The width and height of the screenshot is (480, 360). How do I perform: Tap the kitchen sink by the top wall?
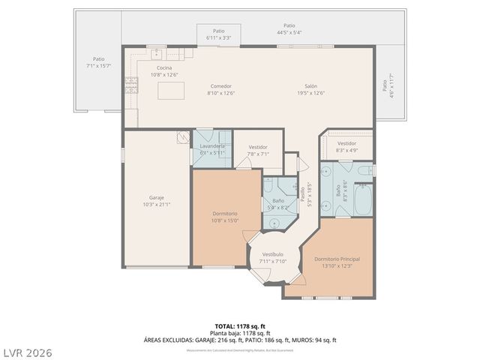tap(157, 54)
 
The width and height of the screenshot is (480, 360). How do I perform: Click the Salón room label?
tap(310, 85)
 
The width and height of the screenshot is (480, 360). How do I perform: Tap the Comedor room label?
tap(220, 85)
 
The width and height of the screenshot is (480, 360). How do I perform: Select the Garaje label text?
tap(156, 197)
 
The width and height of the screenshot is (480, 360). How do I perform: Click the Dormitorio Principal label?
tap(337, 259)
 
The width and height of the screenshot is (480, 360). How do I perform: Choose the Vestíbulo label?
tap(272, 254)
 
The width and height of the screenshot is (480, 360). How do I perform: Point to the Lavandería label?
tap(212, 145)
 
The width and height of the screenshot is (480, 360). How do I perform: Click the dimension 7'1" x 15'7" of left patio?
tap(99, 66)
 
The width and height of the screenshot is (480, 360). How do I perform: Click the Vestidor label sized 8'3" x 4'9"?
tap(346, 142)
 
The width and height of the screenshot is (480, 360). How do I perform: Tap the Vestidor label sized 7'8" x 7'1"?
tap(258, 147)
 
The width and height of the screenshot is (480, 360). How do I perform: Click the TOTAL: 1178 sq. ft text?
tap(240, 326)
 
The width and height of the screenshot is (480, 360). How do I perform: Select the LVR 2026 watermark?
tap(27, 352)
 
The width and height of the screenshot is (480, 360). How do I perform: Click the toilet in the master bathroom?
tap(363, 171)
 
